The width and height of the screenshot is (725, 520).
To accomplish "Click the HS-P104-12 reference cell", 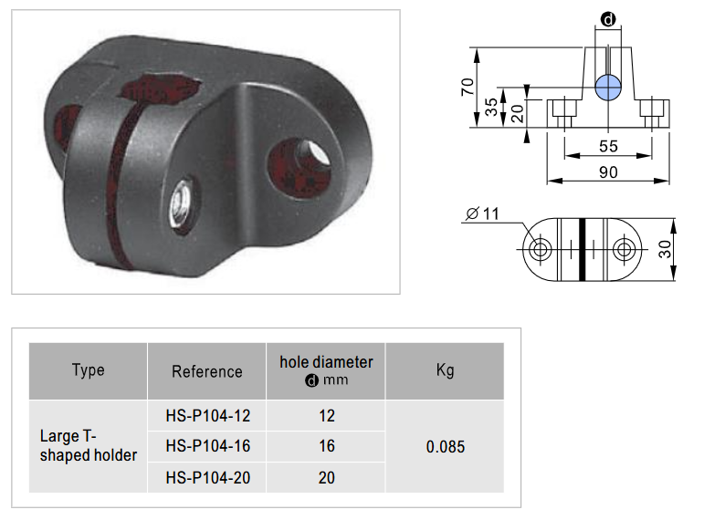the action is click(207, 416).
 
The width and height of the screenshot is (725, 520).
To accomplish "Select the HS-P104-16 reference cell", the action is click(207, 446).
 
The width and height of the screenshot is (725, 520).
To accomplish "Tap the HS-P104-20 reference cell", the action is click(207, 477).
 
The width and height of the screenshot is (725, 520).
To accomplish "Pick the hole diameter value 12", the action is click(327, 416).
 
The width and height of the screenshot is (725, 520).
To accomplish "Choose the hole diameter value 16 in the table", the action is click(327, 446).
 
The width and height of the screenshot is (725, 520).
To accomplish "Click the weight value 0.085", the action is click(446, 447).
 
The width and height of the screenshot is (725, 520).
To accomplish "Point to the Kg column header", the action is click(445, 370).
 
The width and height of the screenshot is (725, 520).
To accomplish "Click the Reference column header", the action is click(206, 371).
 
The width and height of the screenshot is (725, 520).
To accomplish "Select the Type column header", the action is click(88, 370).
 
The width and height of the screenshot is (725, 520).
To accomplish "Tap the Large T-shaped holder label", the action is click(89, 445).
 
